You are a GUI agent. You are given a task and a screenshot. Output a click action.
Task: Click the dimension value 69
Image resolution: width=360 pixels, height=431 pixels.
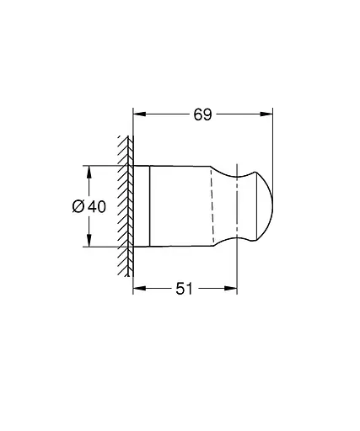pos(202,114)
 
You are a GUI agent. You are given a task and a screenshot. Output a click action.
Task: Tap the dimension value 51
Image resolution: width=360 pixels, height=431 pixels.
pos(185,288)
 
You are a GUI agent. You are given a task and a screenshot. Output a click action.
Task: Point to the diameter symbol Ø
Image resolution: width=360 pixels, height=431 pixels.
pos(78,206)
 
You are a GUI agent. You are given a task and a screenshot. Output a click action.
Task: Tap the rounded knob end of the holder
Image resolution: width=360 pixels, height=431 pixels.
pos(261,206)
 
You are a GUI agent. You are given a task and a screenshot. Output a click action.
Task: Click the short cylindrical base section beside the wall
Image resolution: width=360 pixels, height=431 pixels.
pos(142,206)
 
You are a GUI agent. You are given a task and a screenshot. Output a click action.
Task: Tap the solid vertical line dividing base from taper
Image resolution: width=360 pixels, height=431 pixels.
pos(150,206)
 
